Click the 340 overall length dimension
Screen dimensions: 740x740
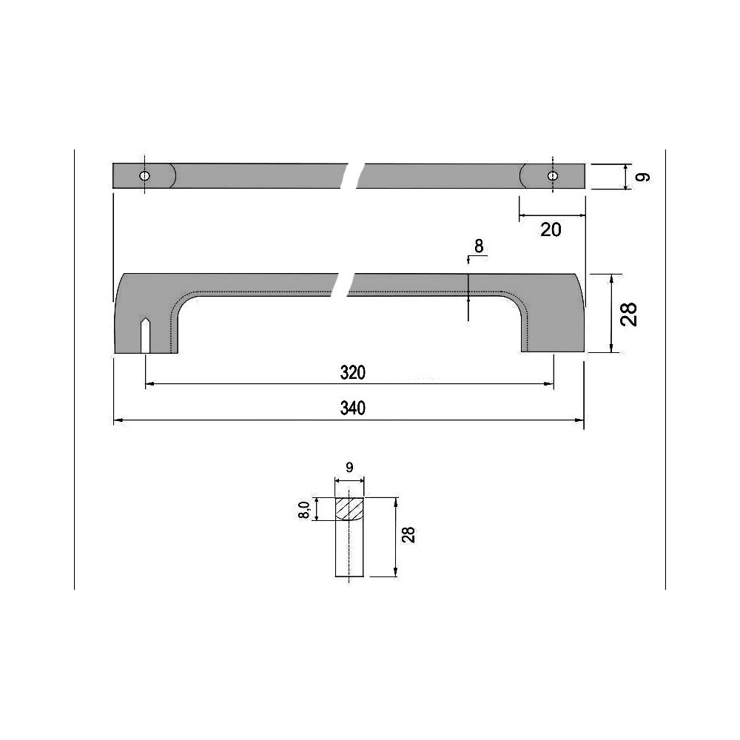[x=353, y=408]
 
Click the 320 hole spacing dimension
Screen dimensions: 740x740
[x=353, y=373]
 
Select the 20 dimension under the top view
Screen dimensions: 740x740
[x=551, y=229]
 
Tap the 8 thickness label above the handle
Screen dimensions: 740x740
[x=479, y=247]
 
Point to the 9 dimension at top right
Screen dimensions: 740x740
[x=643, y=177]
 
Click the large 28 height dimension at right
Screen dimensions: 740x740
[x=630, y=314]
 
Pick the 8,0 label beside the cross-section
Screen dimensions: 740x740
[x=304, y=509]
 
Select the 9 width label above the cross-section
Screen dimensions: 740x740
[x=349, y=467]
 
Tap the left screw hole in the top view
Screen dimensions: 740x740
[x=145, y=176]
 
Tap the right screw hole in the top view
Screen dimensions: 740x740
[x=552, y=176]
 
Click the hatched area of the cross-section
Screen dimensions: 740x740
[x=350, y=508]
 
